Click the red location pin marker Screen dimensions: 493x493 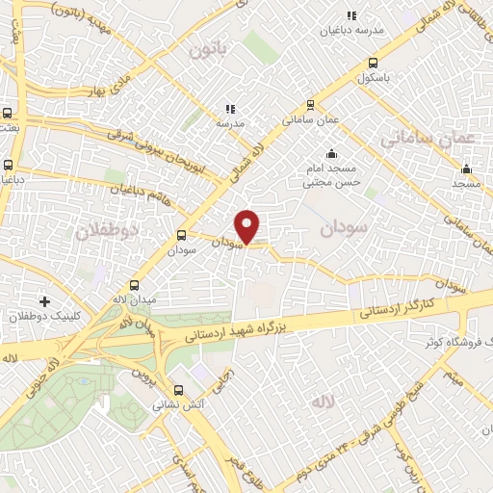click(x=248, y=225)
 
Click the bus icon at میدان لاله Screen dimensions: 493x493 click(x=134, y=285)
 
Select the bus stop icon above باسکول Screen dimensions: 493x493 click(x=373, y=64)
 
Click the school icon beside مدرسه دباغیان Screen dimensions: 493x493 click(x=351, y=15)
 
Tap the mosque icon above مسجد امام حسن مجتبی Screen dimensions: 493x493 click(x=332, y=152)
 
